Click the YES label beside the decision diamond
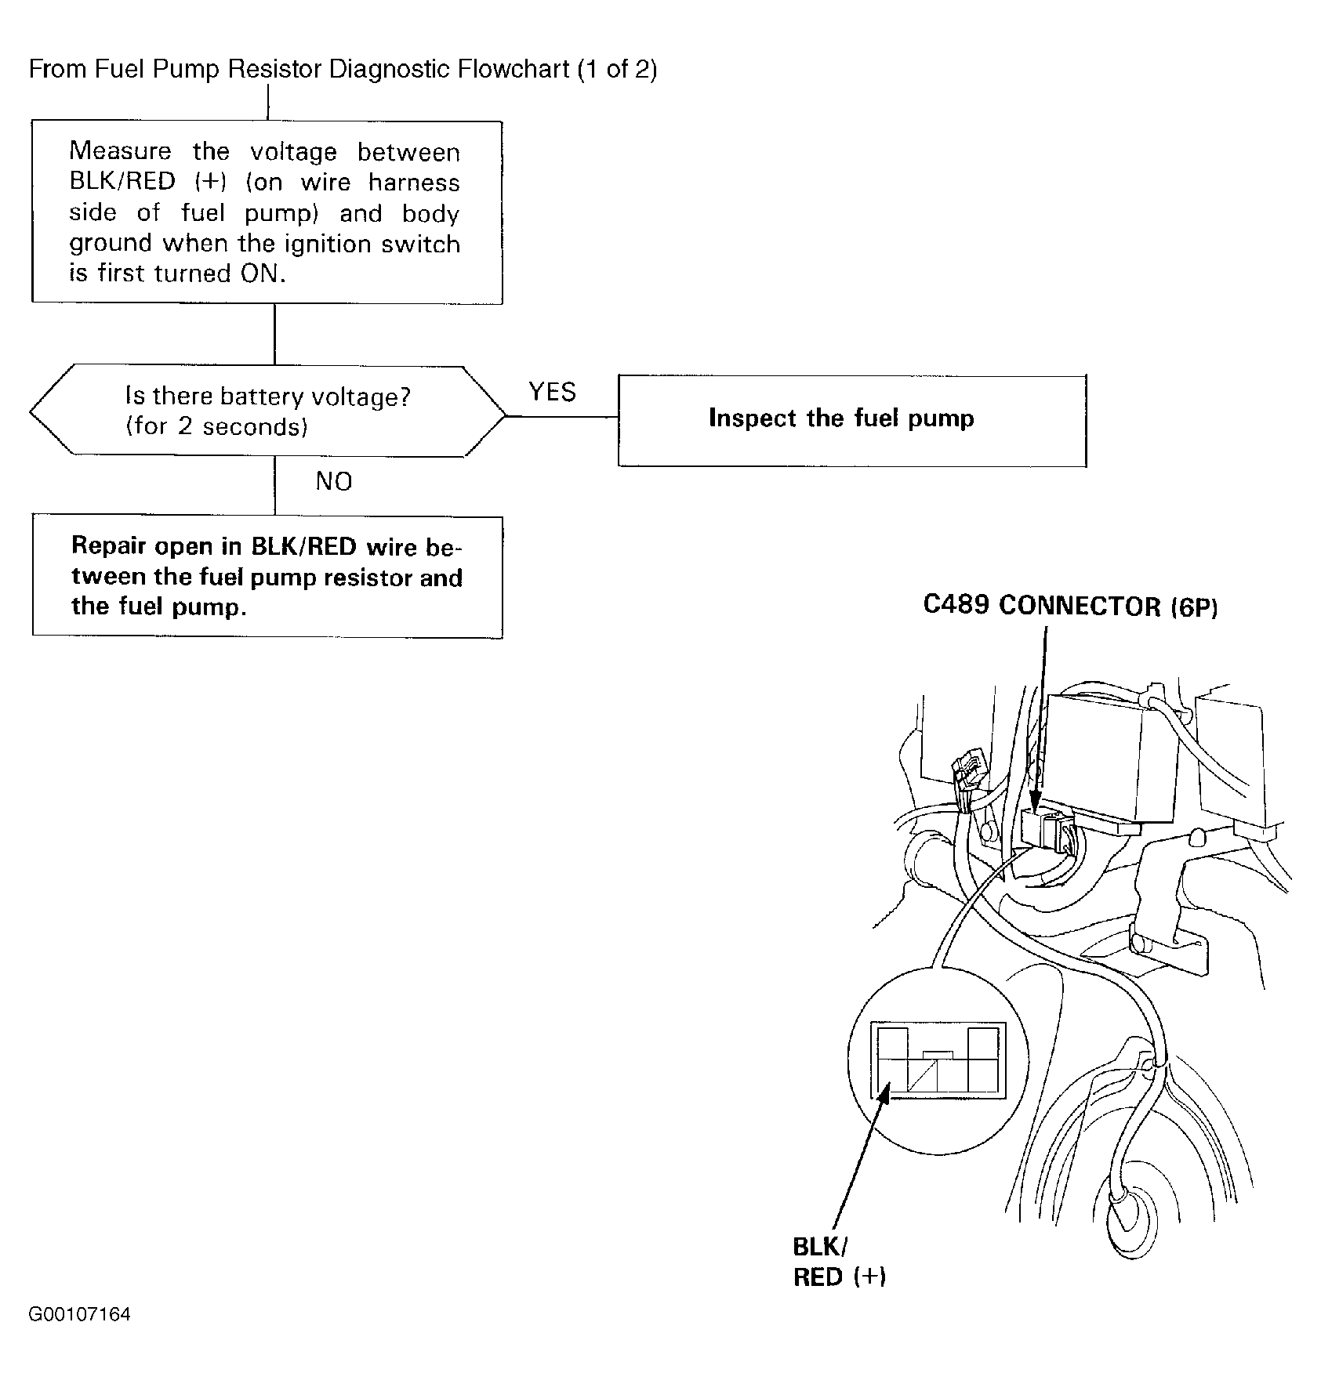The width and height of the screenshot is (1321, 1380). click(552, 392)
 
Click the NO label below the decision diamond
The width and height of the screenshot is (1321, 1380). click(334, 481)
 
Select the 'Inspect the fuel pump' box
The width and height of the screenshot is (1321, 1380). click(851, 421)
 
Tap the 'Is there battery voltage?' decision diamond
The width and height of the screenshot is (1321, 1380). click(267, 411)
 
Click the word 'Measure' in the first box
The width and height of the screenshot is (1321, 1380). click(120, 150)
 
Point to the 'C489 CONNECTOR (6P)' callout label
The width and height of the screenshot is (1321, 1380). click(1070, 607)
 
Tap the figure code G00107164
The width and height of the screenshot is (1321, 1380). click(80, 1314)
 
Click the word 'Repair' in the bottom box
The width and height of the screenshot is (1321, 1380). click(107, 546)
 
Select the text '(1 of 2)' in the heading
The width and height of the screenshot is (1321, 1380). click(617, 70)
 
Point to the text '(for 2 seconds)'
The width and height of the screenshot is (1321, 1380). click(216, 426)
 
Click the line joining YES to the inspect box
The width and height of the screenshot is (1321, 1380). click(561, 416)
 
